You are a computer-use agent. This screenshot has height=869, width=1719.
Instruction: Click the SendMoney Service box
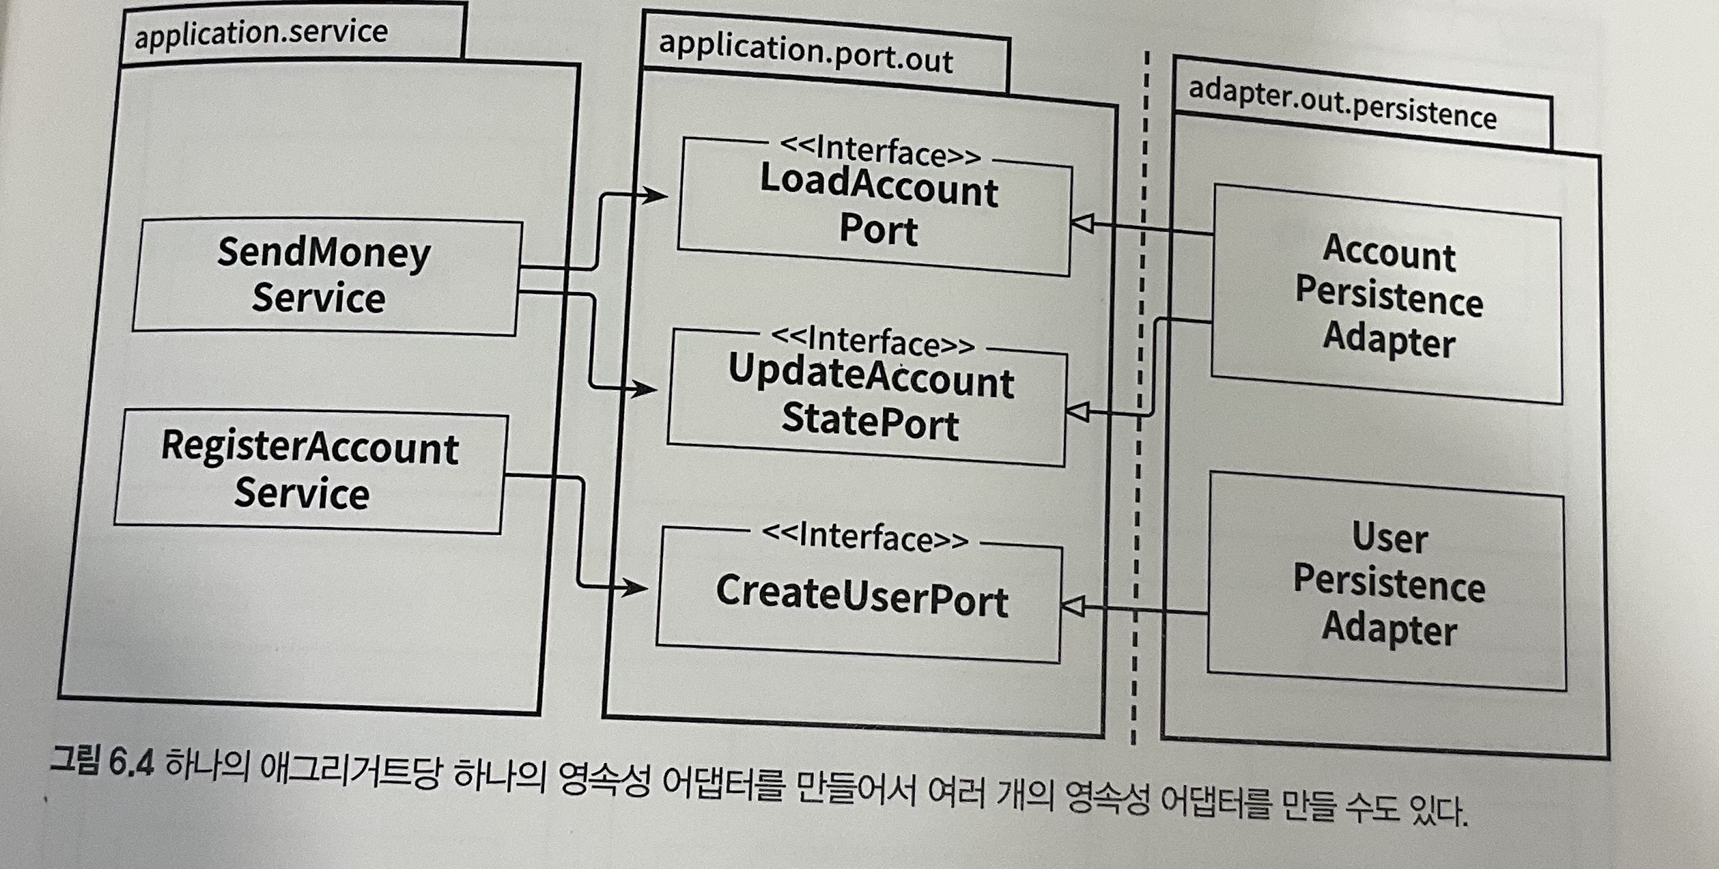tap(326, 276)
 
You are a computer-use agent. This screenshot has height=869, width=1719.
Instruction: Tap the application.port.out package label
tap(805, 52)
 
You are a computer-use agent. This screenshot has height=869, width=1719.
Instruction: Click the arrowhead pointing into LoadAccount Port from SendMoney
tap(656, 195)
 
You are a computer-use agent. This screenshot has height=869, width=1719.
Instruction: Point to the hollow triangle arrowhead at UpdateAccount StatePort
tap(1077, 411)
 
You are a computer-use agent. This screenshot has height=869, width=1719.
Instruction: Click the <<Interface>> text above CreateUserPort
tap(865, 536)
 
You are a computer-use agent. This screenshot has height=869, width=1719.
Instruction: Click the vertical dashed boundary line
tap(1142, 400)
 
